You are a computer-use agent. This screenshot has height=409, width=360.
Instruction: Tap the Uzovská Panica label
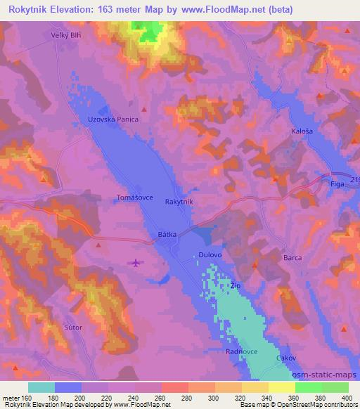point(113,120)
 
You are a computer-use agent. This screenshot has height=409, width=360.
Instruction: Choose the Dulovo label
point(210,258)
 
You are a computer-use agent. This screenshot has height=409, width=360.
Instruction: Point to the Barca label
point(292,258)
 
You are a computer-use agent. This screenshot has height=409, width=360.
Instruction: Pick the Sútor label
point(73,327)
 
